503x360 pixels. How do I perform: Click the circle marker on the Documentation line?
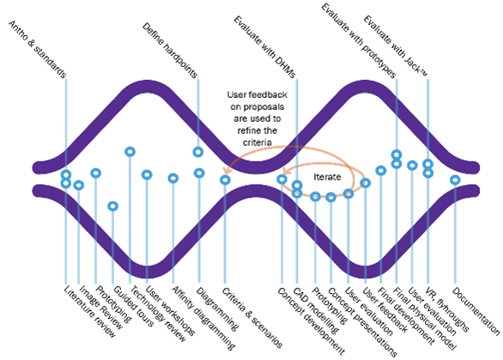coord(455,180)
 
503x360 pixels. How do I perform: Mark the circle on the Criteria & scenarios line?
coord(225,180)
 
